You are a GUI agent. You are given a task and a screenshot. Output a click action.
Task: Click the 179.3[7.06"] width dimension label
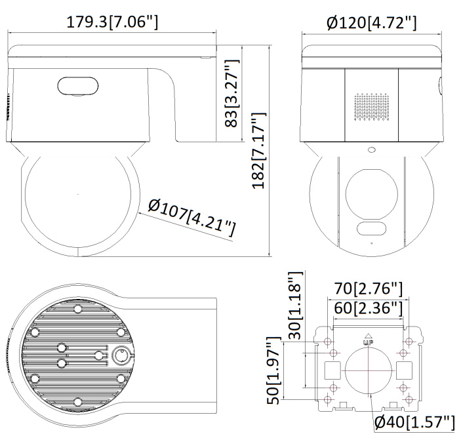pos(112,22)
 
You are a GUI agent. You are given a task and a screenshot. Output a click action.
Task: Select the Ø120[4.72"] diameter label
pos(372,23)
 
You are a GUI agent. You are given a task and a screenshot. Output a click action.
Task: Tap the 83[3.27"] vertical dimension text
pos(232,93)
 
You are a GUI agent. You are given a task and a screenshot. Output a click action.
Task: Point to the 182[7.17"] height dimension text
pos(259,150)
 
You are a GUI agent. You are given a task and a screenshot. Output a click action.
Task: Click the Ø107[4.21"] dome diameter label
pos(191,217)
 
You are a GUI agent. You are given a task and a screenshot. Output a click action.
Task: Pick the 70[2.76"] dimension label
pos(368,288)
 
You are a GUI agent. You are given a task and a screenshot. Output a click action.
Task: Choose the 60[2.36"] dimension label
pos(368,308)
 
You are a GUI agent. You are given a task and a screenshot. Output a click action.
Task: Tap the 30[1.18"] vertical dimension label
pos(295,305)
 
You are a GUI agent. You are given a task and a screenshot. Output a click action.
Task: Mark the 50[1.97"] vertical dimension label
pos(273,370)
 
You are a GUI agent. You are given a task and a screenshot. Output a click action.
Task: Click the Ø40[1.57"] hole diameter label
pos(414,422)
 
